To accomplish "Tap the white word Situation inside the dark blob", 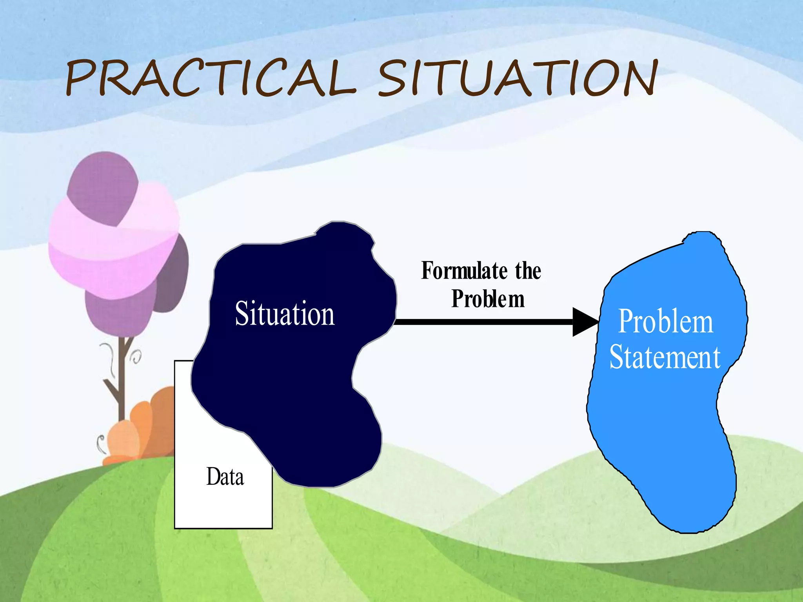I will tap(285, 314).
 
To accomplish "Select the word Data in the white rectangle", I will tap(225, 477).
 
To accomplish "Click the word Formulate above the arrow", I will tap(464, 271).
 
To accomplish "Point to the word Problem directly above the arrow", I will tap(488, 299).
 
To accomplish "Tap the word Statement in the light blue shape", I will tap(665, 357).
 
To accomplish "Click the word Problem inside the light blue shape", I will tap(665, 321).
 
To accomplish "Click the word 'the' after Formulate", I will tap(528, 271).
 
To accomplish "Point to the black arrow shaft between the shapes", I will tap(482, 322).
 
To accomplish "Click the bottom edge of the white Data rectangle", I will tap(223, 528).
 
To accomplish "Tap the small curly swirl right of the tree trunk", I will tap(136, 356).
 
